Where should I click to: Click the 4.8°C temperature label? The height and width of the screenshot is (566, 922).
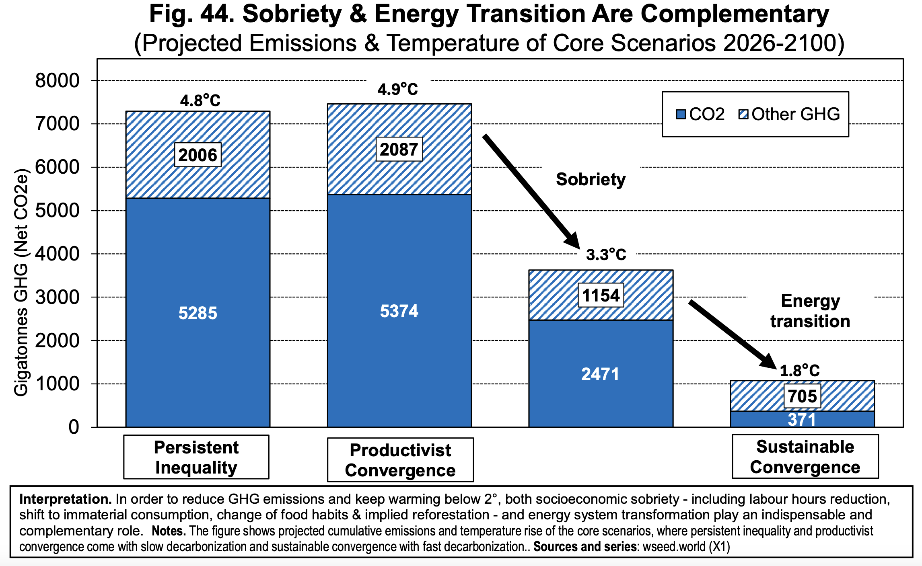pos(200,100)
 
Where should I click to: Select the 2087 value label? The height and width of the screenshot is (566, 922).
pos(399,150)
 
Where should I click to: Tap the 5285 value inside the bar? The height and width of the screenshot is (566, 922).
pos(198,313)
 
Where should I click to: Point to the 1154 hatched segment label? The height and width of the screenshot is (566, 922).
pos(601,295)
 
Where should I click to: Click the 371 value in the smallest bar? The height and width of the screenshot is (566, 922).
pos(802,420)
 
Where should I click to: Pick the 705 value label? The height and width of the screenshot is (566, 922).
pos(802,396)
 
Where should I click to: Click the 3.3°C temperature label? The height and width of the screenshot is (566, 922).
pos(606,254)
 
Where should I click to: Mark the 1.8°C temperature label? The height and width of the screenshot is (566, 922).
pos(799,371)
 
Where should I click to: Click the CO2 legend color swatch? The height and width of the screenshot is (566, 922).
pos(681,115)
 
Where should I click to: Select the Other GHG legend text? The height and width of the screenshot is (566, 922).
pos(795,115)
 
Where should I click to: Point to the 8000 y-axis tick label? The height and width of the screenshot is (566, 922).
pos(57,81)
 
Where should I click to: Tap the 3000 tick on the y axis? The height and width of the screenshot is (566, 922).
pos(57,297)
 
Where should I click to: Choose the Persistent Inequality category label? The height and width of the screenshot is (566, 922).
pos(196,457)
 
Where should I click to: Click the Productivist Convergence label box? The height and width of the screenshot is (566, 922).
pos(400,460)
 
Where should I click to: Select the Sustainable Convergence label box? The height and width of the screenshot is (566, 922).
pos(805,457)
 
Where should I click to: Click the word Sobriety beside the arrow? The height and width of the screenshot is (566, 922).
pos(591,179)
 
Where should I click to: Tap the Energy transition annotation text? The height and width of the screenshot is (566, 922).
pos(810,311)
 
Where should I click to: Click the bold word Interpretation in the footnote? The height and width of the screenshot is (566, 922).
pos(65,499)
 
